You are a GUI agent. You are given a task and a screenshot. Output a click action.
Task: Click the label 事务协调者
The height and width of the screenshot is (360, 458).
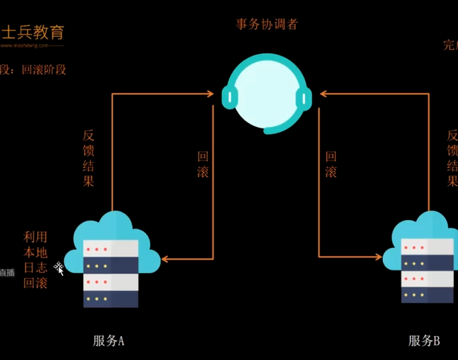[267, 25]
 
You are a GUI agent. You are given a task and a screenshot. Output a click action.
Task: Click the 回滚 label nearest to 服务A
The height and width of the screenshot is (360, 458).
[203, 165]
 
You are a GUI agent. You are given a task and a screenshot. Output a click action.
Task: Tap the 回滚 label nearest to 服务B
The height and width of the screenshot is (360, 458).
[331, 165]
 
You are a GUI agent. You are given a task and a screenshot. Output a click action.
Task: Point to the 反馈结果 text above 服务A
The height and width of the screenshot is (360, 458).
[88, 158]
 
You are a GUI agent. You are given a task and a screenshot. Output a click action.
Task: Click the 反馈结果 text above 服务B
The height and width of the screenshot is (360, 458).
[452, 158]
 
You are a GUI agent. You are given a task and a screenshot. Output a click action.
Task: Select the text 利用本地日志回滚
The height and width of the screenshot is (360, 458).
[35, 260]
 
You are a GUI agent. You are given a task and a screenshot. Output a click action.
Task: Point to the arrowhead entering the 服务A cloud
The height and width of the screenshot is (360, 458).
[166, 258]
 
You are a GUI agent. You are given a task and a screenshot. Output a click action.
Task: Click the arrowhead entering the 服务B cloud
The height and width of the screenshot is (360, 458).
[378, 257]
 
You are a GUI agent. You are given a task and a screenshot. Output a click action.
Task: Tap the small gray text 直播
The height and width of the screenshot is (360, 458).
[6, 273]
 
